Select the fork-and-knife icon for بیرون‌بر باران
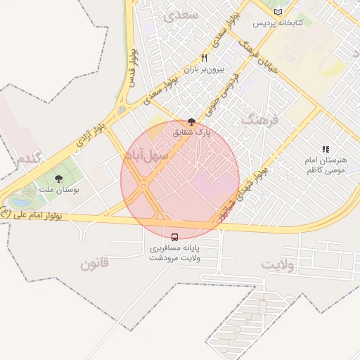pyautogui.click(x=204, y=58)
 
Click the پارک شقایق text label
pyautogui.click(x=192, y=131)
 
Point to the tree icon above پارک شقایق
pyautogui.click(x=192, y=122)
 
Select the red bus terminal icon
pyautogui.click(x=174, y=236)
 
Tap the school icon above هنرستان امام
pyautogui.click(x=325, y=150)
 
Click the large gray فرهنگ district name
pyautogui.click(x=259, y=120)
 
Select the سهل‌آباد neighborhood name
pyautogui.click(x=147, y=154)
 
